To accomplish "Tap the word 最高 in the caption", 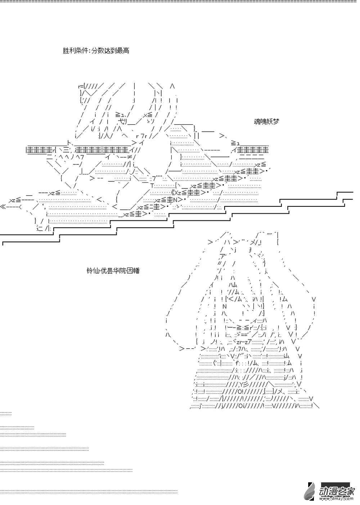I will (122, 51).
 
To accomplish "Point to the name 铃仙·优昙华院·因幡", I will (113, 270).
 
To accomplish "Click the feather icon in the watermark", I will (310, 491).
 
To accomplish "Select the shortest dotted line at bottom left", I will (6, 413).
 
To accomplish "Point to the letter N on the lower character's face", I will (225, 306).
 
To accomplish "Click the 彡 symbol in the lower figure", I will (252, 385).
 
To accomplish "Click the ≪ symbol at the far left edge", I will (3, 207).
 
